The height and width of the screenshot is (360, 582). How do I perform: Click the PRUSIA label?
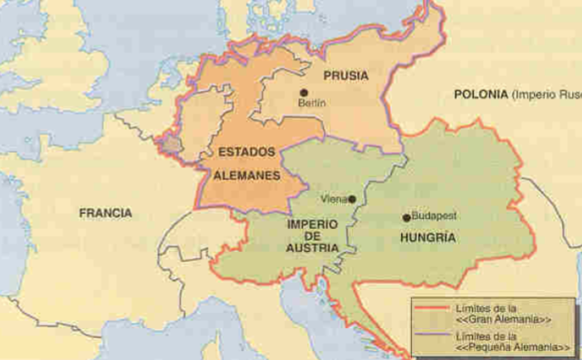(x=346, y=76)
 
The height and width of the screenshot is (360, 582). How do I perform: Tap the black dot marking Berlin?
(x=304, y=92)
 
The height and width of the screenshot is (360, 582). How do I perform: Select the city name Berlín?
(x=312, y=104)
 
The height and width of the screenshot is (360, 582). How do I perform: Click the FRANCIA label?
(x=105, y=213)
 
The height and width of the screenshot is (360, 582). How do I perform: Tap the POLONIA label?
(x=480, y=95)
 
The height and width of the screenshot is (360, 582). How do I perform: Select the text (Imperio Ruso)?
(x=545, y=95)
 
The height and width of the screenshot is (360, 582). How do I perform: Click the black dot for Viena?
(x=352, y=199)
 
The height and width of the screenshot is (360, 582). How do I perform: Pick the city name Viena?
(x=334, y=199)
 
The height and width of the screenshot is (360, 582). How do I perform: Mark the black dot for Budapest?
(x=406, y=217)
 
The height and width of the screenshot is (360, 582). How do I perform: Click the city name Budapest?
(x=434, y=217)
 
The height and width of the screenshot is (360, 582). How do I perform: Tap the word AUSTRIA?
(x=312, y=247)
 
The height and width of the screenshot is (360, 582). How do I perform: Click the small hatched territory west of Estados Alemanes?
(x=170, y=145)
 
